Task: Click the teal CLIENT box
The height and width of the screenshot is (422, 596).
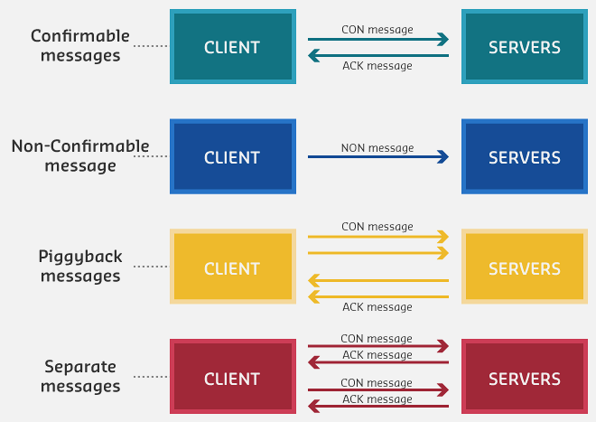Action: click(232, 47)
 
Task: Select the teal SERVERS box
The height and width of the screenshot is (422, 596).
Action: click(524, 47)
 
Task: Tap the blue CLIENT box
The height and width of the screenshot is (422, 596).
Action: click(232, 157)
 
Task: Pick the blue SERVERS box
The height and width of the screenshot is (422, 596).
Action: click(524, 157)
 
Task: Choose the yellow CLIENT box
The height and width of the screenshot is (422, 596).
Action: click(232, 267)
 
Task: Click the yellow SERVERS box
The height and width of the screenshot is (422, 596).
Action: click(524, 267)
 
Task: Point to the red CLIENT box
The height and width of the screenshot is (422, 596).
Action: click(232, 379)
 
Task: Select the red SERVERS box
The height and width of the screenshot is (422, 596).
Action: click(524, 379)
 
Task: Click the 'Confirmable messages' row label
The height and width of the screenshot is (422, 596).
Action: click(79, 46)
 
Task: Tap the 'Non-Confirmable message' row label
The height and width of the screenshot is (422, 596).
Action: click(79, 156)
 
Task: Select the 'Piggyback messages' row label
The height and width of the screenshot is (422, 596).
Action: click(79, 267)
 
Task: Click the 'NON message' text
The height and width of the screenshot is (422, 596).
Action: click(377, 148)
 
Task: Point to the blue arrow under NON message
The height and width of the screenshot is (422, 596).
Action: click(377, 158)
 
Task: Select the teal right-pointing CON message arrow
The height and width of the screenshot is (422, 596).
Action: click(377, 40)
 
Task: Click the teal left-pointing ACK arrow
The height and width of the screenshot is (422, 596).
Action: click(377, 56)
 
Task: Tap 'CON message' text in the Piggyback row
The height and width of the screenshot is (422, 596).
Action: click(377, 227)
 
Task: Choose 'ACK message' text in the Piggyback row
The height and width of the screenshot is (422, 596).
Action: click(377, 307)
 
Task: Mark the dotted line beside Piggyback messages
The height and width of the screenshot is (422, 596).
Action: click(150, 267)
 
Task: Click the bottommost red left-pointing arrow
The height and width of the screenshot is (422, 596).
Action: click(377, 407)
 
